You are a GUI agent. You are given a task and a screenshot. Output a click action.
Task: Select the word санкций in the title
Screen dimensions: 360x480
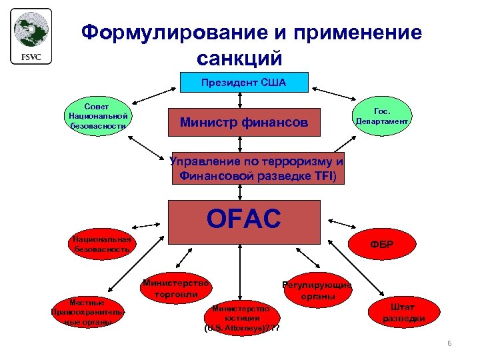pos(240,57)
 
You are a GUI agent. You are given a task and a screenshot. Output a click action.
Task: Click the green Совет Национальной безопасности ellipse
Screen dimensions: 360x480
pos(97,116)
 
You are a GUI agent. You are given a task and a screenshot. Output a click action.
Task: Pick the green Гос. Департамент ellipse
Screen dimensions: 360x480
pos(383,117)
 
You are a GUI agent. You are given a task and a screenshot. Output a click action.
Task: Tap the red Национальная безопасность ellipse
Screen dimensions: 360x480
pos(102,244)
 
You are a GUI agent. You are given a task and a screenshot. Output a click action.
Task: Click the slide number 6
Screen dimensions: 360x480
pos(449,343)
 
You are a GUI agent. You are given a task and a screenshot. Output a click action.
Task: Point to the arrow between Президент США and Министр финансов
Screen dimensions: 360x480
pos(239,99)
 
